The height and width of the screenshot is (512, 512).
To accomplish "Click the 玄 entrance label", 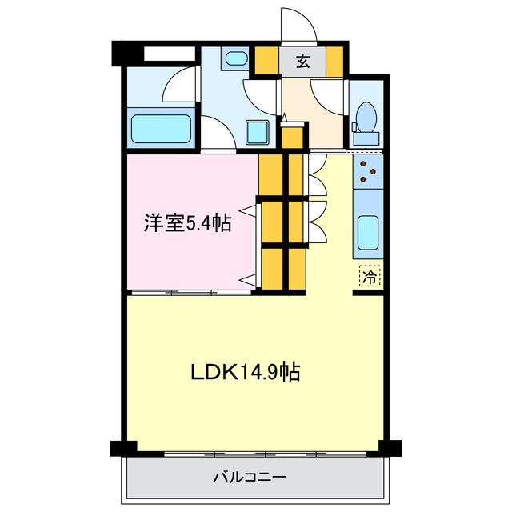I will click(x=303, y=61).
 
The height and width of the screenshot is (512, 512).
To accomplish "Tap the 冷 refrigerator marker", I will click(x=370, y=277).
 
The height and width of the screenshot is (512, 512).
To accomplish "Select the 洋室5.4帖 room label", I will click(x=188, y=223).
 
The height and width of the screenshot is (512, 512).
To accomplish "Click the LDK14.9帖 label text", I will click(x=245, y=372).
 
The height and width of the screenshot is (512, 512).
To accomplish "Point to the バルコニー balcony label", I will click(x=250, y=478).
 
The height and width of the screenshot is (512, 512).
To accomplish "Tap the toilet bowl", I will click(x=367, y=117).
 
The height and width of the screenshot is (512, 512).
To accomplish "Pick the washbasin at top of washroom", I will click(x=236, y=59).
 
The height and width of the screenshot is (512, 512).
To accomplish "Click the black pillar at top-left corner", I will click(x=123, y=53).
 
